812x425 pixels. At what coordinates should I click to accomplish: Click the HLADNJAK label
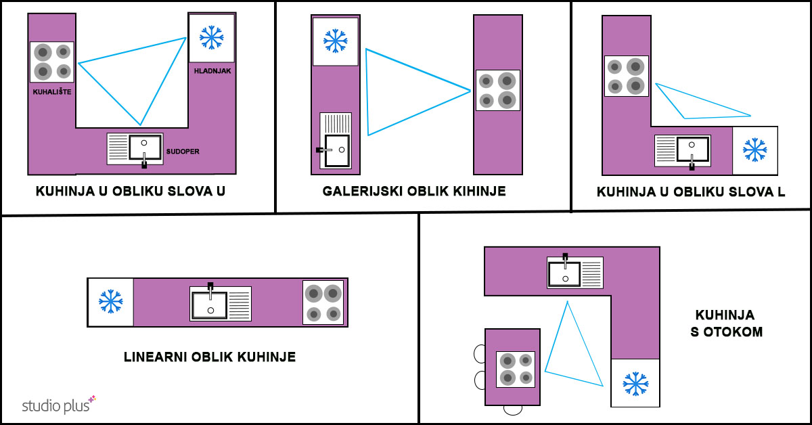(x=212, y=71)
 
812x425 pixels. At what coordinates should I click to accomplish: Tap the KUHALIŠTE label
(x=52, y=92)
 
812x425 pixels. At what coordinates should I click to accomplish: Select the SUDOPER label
(x=183, y=152)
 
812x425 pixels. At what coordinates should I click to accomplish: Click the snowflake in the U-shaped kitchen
(x=212, y=37)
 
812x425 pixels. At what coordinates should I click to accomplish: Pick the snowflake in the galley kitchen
(x=336, y=41)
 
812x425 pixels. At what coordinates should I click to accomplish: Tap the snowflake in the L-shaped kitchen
(x=754, y=150)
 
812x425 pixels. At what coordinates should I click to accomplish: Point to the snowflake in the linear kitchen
(x=110, y=301)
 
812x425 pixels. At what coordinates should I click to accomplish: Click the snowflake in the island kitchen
(x=635, y=384)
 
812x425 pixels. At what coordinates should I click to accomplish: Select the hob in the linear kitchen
(x=323, y=303)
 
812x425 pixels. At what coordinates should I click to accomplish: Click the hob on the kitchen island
(x=516, y=370)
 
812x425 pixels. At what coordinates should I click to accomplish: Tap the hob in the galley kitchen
(x=498, y=90)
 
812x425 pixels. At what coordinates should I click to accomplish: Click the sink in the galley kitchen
(x=336, y=141)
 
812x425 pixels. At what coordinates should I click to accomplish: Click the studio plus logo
(x=59, y=405)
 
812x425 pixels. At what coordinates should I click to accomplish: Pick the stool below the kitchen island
(x=513, y=410)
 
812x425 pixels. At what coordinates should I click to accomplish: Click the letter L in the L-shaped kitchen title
(x=781, y=192)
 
